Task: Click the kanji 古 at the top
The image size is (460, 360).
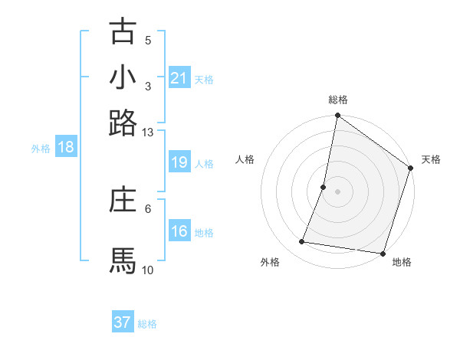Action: (x=123, y=31)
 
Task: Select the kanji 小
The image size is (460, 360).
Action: (x=123, y=77)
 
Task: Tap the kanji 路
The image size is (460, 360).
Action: (x=123, y=123)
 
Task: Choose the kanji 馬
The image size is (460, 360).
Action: (x=123, y=261)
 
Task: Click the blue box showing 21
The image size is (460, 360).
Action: (x=179, y=77)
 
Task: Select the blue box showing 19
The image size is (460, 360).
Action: (x=179, y=162)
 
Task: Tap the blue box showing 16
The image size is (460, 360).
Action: (x=179, y=231)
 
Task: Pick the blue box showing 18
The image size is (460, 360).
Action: (x=66, y=147)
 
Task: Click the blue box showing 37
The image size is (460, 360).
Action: (x=123, y=322)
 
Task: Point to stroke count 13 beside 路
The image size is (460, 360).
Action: (x=148, y=132)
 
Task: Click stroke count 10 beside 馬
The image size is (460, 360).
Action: (x=148, y=270)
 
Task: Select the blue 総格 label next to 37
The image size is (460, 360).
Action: (x=147, y=324)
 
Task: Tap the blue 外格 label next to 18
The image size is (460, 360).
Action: (x=40, y=149)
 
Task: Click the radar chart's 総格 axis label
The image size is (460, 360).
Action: (x=337, y=100)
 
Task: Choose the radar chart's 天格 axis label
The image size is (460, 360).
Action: (x=432, y=159)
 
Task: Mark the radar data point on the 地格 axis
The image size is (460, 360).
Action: (x=382, y=253)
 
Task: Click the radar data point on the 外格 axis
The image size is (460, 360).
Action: (x=302, y=242)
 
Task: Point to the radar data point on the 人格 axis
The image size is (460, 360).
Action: (x=324, y=186)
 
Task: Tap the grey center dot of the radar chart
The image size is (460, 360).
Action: (x=337, y=191)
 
